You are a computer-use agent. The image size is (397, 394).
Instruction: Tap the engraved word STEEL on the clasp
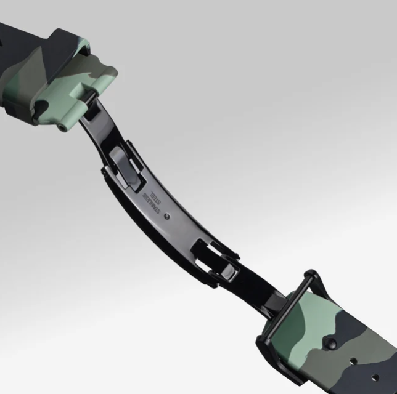[155, 197]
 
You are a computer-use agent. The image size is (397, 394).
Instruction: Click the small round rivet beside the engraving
[167, 216]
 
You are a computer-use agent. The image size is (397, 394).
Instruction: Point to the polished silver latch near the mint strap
[124, 167]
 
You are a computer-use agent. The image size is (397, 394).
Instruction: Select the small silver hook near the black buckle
[229, 272]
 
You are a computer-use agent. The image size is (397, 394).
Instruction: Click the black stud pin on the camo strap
[331, 342]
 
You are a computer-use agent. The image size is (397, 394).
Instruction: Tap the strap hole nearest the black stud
[353, 361]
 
